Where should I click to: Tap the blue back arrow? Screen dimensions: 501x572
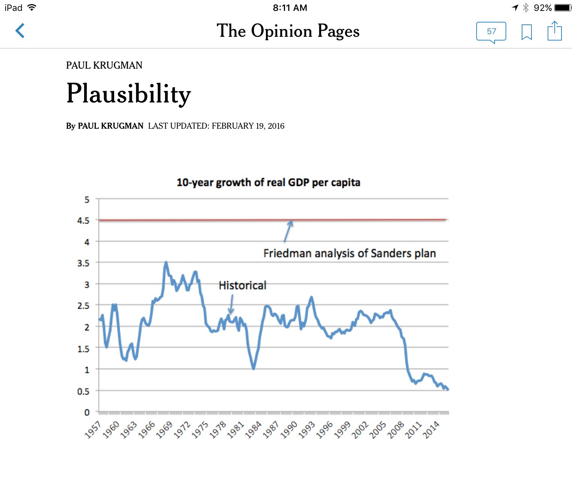(x=20, y=31)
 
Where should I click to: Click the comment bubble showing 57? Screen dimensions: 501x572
(x=491, y=32)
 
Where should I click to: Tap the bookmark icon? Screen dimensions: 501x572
(x=527, y=32)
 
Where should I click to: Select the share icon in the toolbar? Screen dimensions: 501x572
(x=554, y=31)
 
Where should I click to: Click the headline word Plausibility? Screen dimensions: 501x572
(x=128, y=93)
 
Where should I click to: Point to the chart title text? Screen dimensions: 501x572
(x=268, y=182)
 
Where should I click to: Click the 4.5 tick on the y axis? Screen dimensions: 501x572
(x=83, y=221)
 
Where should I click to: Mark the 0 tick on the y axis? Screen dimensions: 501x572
(x=87, y=412)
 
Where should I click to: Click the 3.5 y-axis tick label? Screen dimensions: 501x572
(x=83, y=263)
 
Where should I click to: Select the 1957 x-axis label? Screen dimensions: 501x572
(x=93, y=430)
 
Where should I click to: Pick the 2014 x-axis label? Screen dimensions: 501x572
(x=432, y=430)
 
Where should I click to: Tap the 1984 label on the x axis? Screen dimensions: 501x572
(x=254, y=430)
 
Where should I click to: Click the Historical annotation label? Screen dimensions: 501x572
(x=242, y=286)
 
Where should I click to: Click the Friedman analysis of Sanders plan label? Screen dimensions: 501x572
(x=349, y=253)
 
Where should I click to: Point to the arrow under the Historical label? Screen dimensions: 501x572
(x=231, y=304)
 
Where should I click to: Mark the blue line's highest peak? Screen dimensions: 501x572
(x=166, y=262)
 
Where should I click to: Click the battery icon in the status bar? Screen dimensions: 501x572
(x=562, y=8)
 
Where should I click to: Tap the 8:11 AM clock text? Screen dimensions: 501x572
(x=290, y=8)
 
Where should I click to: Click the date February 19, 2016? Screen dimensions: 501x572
(x=248, y=126)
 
